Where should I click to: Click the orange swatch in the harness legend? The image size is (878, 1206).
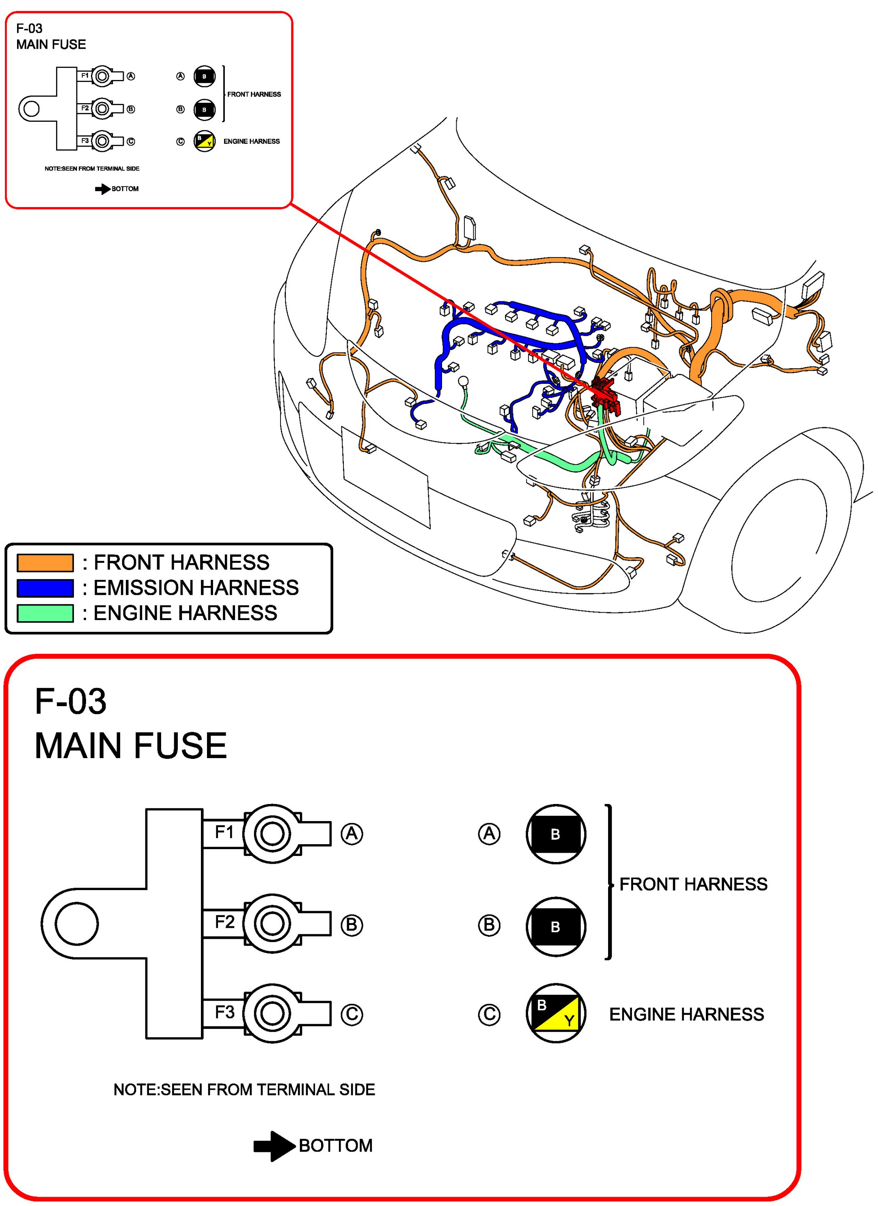point(45,562)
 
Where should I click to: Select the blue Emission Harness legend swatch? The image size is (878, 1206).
point(45,588)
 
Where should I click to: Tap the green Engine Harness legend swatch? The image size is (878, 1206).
point(45,613)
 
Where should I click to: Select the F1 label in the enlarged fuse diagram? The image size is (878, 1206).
point(224,831)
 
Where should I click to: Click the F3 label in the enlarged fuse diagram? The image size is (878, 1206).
point(224,1012)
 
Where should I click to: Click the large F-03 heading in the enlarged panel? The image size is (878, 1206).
point(71,701)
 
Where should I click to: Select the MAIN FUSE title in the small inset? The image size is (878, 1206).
point(51,44)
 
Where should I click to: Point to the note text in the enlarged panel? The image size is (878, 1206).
point(244,1089)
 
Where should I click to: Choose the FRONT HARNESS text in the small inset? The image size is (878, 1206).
point(254,94)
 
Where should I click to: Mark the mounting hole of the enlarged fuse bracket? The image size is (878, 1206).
point(77,924)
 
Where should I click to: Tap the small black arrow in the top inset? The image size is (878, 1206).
point(103,189)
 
